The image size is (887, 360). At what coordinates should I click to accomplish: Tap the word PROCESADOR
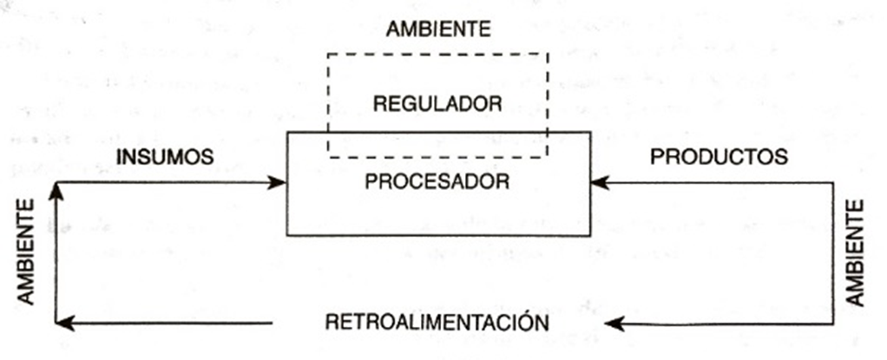[437, 183]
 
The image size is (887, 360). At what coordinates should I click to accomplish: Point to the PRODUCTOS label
[719, 157]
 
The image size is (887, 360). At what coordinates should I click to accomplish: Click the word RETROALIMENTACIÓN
[437, 323]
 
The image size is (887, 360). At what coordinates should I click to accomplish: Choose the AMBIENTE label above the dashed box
[437, 29]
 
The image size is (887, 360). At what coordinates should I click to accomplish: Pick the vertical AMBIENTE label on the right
[855, 252]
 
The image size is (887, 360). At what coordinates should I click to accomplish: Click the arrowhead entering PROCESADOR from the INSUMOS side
[279, 182]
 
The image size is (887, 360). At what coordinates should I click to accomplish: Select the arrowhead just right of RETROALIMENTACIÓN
[613, 324]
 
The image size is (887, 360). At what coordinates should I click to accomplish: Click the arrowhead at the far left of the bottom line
[62, 324]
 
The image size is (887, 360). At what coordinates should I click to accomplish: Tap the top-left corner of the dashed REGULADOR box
[328, 54]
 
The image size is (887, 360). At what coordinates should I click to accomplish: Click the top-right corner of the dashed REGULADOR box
[549, 54]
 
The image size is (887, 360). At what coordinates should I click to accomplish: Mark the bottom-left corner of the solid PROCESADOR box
[287, 235]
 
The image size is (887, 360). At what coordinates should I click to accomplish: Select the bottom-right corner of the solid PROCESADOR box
[591, 235]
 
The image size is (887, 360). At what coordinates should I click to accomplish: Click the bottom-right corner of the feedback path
[835, 324]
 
